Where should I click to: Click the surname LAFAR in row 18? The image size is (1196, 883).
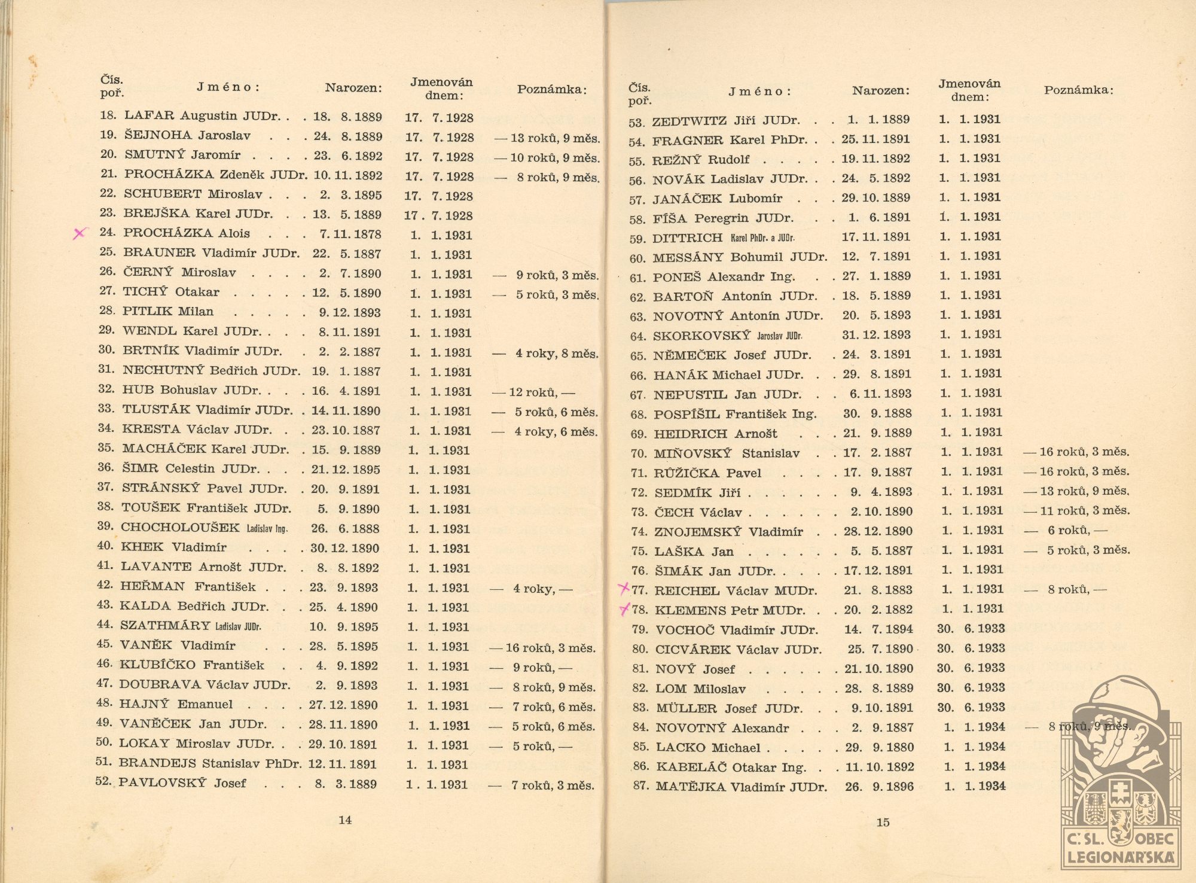click(x=149, y=116)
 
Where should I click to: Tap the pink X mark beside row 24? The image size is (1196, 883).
click(x=80, y=233)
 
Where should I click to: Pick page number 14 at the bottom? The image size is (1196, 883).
click(x=345, y=820)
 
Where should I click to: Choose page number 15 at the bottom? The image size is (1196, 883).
click(x=883, y=823)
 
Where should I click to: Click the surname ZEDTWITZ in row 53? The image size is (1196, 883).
click(x=688, y=121)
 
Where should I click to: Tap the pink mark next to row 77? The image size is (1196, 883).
click(x=624, y=589)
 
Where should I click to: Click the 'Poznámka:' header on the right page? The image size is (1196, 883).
click(x=1079, y=90)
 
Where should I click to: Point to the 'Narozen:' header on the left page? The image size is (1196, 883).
click(x=353, y=89)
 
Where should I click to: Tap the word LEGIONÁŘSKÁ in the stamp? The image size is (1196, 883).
click(x=1121, y=857)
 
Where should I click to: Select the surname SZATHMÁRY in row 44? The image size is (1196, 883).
click(x=165, y=626)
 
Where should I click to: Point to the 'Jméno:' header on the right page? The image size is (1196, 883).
click(x=759, y=92)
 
